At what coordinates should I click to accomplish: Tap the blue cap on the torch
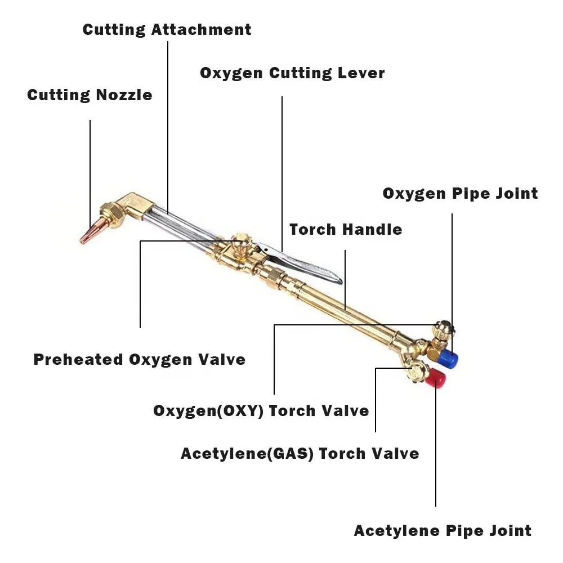[x=448, y=358]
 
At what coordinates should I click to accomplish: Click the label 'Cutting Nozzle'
[x=90, y=95]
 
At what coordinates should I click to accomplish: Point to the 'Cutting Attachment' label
[x=167, y=29]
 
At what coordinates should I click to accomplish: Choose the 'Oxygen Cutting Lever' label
[x=292, y=73]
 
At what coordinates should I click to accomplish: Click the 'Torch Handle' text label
[x=346, y=229]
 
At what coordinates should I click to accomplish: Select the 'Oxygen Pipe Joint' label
[x=460, y=193]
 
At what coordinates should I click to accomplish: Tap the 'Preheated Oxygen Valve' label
[x=139, y=359]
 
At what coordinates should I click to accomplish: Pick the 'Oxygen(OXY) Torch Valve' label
[x=261, y=410]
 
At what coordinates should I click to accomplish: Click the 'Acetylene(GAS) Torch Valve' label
[x=300, y=453]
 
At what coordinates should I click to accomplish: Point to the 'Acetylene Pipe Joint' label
[x=443, y=530]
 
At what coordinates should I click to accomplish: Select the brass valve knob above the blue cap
[x=443, y=329]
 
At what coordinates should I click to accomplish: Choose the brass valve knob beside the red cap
[x=418, y=372]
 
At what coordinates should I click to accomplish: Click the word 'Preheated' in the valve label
[x=78, y=359]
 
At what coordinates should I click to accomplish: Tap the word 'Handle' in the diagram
[x=375, y=229]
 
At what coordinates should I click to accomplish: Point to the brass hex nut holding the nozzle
[x=111, y=215]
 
